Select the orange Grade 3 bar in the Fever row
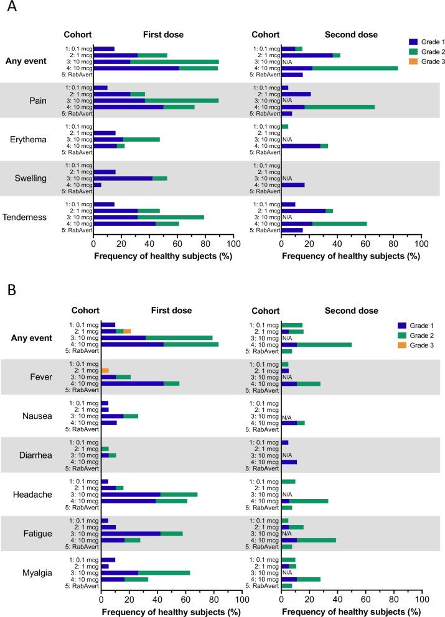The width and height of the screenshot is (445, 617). [x=105, y=370]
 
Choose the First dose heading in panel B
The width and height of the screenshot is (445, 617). [x=172, y=311]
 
